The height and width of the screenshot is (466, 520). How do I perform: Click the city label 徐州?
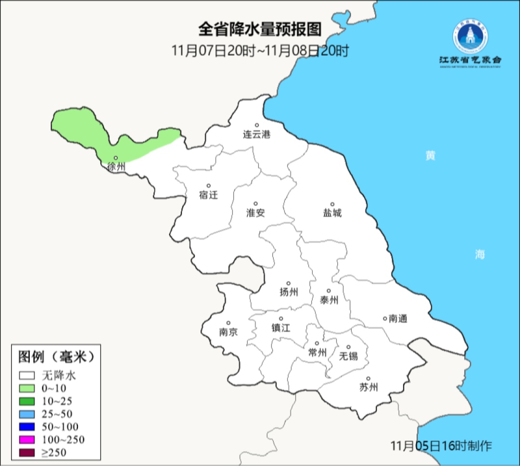pos(117,167)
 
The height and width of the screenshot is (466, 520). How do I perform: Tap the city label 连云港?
pos(257,134)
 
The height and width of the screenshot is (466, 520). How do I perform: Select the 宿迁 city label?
pos(208,195)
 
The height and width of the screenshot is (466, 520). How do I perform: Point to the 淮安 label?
pos(256,213)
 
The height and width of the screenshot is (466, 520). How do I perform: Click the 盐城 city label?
pos(332,213)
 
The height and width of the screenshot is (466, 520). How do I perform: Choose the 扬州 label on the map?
pos(289,292)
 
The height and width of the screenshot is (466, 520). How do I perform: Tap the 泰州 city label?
pos(329,300)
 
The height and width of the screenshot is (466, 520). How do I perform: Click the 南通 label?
pos(398,318)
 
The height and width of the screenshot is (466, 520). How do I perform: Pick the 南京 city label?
pos(228,332)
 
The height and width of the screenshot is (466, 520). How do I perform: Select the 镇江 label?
pos(281,327)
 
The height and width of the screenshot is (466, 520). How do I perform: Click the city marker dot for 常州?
pos(317,343)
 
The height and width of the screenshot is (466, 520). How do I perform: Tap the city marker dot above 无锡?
pos(349,347)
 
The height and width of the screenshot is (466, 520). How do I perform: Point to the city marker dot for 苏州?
pos(368,378)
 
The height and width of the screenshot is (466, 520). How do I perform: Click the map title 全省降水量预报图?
pos(260,30)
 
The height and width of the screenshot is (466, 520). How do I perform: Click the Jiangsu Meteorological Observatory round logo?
pos(470,37)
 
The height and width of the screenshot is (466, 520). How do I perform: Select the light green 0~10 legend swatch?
pos(27,388)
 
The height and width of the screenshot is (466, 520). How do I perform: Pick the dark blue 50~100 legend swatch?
pos(27,427)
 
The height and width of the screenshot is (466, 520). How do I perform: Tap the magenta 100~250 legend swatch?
pos(27,439)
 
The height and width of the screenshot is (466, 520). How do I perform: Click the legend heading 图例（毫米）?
pos(55,357)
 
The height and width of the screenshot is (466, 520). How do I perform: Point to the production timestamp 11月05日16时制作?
pos(441,446)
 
